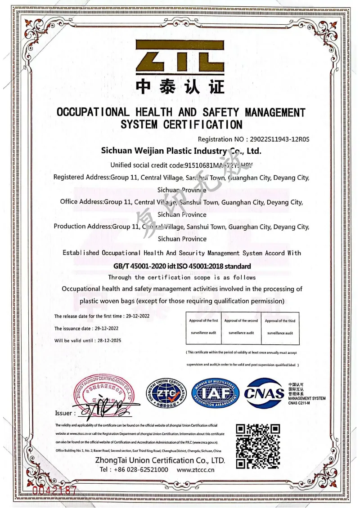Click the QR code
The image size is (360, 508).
[258, 446]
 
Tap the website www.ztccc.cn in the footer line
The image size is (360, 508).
[196, 470]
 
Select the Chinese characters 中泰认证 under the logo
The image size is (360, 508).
[180, 87]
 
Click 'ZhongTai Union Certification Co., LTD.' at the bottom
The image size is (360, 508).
[160, 460]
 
